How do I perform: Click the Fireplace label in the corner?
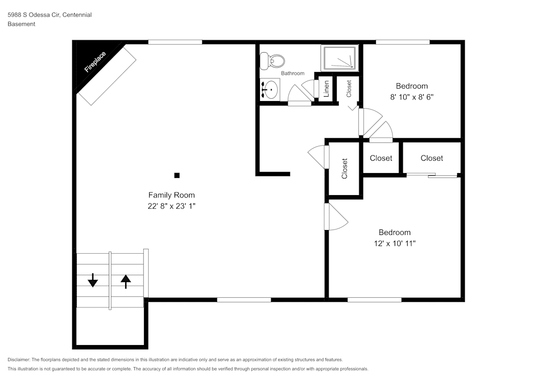coord(95,62)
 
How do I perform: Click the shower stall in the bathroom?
coord(339,58)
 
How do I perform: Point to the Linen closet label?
coord(326,89)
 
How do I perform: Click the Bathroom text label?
coord(293,74)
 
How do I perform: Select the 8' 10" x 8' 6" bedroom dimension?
coord(412,98)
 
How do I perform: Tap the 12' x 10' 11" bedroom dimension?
coord(395,244)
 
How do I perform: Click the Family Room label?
coord(171,195)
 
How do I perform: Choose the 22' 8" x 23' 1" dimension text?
coord(171,206)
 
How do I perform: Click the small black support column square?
coord(177,175)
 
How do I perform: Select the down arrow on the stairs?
coord(93,280)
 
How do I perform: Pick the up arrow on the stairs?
coord(126,280)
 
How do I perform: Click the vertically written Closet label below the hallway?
coord(344,168)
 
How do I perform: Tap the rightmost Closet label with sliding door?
coord(432,158)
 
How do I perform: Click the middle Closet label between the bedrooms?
coord(381,158)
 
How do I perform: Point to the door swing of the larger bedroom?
coord(336,217)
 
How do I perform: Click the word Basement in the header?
coord(21,24)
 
